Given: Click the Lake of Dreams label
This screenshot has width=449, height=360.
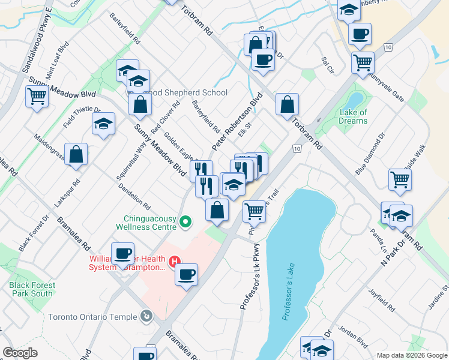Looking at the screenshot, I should click(x=353, y=116).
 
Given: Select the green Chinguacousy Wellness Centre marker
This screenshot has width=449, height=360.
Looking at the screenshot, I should click(x=185, y=223).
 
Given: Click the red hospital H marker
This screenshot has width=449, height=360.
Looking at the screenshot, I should click(x=175, y=262).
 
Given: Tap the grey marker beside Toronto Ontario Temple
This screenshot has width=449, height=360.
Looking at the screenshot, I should click(x=145, y=316).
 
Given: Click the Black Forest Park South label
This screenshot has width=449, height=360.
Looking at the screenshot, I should click(x=32, y=289).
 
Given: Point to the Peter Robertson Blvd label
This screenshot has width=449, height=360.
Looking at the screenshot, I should click(x=238, y=121).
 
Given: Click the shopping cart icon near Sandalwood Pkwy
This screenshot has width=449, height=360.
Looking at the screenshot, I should click(x=37, y=95).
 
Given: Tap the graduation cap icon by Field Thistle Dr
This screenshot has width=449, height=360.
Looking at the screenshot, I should click(x=104, y=124).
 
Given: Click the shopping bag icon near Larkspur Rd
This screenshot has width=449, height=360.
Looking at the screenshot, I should click(x=76, y=155).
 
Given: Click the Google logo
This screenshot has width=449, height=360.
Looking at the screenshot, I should click(x=20, y=353).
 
